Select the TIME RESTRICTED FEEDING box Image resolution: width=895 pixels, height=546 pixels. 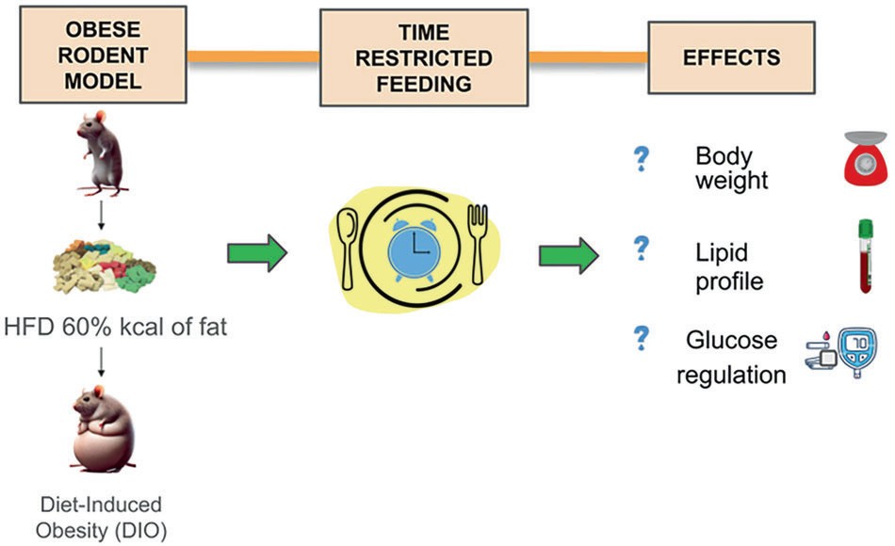pyautogui.click(x=423, y=57)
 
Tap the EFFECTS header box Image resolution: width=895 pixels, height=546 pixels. pyautogui.click(x=718, y=57)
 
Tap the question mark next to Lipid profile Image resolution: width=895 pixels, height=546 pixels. pyautogui.click(x=642, y=249)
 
